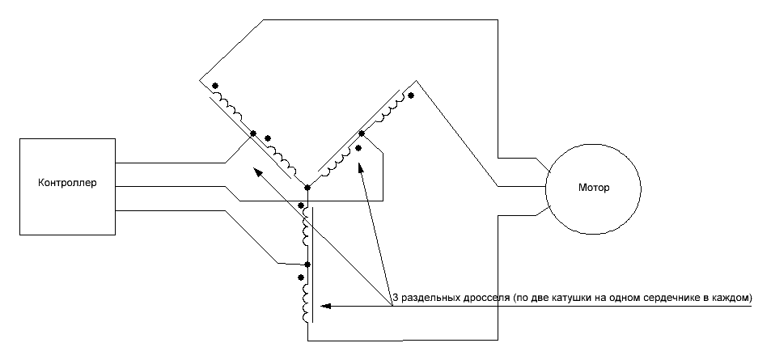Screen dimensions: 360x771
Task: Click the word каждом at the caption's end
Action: tap(731, 299)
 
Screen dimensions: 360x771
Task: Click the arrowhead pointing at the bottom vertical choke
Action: tap(325, 307)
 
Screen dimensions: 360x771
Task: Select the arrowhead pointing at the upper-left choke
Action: tap(256, 171)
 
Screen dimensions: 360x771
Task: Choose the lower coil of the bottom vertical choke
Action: tap(305, 301)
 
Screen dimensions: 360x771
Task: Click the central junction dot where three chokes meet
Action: tap(307, 188)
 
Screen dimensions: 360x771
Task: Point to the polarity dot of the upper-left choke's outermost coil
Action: tap(214, 85)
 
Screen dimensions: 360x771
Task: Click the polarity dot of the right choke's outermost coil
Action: tap(411, 95)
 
